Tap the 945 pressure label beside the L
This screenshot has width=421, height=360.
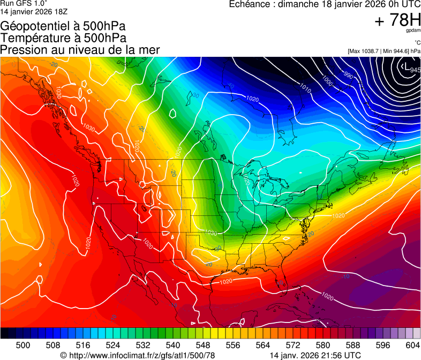pos(415,70)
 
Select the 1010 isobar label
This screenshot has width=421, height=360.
pos(305,87)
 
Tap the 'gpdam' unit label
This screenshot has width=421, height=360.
pos(414,31)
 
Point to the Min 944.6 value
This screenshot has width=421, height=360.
pos(396,51)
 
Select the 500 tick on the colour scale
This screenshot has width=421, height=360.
pos(22,345)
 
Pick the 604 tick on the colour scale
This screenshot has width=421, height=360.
pos(412,345)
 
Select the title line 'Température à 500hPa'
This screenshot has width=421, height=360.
pos(63,37)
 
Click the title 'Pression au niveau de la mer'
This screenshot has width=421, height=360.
pos(80,50)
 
